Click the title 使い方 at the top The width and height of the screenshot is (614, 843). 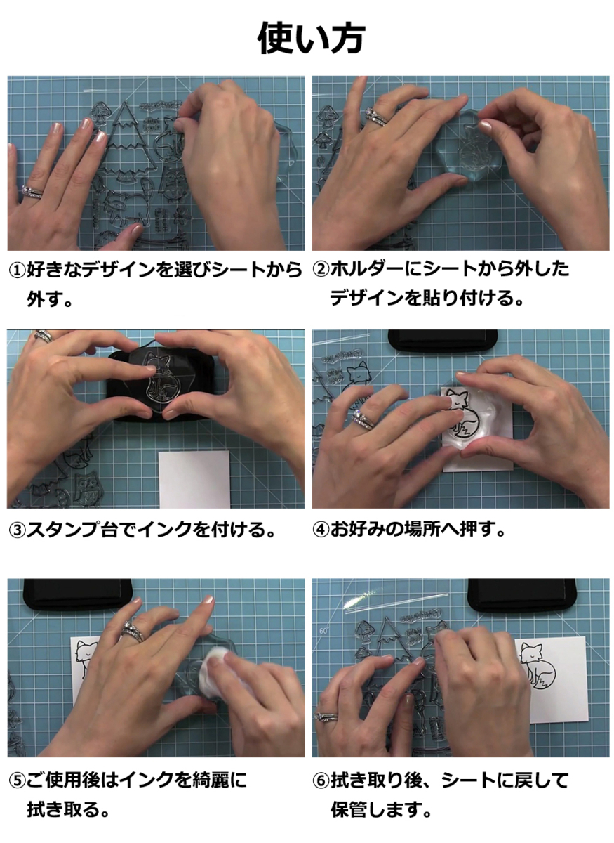coord(311,39)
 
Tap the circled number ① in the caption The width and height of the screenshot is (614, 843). coord(18,270)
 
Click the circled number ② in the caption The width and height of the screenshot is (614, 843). coord(321,269)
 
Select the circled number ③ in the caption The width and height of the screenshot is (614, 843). coord(18,530)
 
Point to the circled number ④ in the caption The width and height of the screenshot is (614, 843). coord(321,530)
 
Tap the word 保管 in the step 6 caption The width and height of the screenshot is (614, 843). coord(349,809)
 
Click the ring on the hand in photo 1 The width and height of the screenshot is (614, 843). coord(32,192)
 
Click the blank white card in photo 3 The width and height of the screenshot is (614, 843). coord(194,479)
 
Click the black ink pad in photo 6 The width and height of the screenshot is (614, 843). coord(522,596)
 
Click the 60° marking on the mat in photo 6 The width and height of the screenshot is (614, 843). coord(323,630)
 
